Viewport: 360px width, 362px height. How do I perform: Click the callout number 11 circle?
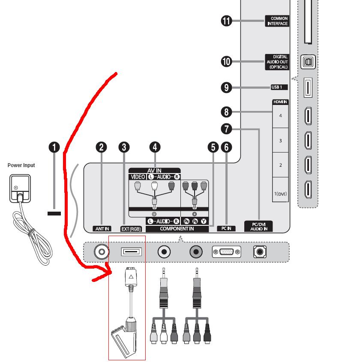pos(226,21)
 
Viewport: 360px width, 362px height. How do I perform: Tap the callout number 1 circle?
pos(54,147)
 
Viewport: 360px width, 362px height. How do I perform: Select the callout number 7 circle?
pos(226,129)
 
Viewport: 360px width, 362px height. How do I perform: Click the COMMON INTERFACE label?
pos(277,21)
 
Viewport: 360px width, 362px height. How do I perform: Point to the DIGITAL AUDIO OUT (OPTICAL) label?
pos(277,62)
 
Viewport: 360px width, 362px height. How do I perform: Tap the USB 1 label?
pos(279,87)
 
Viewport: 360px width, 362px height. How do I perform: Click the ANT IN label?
pos(102,229)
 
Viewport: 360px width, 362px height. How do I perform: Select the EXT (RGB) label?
pos(131,229)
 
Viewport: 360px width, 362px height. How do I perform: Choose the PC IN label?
pos(226,228)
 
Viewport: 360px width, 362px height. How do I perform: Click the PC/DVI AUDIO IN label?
pos(258,227)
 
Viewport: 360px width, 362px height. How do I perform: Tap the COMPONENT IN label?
pos(177,229)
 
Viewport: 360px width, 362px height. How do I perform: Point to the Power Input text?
pos(21,165)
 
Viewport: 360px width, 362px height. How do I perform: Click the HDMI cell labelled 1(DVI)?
pos(281,190)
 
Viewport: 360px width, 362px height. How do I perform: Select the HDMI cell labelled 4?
pos(281,116)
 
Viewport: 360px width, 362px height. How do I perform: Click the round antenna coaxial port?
pos(102,251)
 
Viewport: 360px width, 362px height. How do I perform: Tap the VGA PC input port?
pos(227,251)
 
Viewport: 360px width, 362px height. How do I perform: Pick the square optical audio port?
pos(308,62)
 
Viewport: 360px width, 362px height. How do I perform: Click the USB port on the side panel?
pos(308,88)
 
